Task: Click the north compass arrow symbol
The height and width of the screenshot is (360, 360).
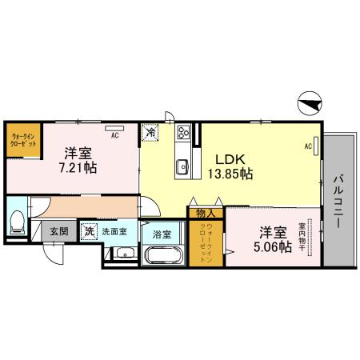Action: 310,103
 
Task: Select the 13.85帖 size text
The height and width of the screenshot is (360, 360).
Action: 230,172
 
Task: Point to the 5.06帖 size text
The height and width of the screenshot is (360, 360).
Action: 273,249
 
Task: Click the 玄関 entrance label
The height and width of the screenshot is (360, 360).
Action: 58,231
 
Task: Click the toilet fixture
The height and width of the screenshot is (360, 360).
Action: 16,221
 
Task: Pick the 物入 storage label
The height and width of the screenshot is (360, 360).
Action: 206,213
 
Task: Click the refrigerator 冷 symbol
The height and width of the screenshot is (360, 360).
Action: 150,133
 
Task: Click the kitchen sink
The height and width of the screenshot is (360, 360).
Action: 182,166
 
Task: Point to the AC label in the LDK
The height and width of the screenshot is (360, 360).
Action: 308,147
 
